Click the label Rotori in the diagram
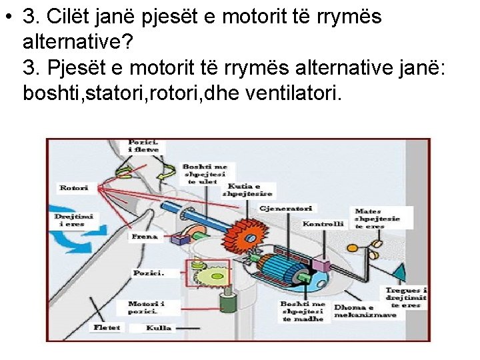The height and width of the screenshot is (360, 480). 73,188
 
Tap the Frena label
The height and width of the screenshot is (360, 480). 145,237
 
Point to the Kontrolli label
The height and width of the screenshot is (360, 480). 323,224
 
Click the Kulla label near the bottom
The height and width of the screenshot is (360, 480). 159,328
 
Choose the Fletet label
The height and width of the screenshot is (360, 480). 107,327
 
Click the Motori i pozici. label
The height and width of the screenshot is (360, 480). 145,308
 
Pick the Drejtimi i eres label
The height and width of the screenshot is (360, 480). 74,220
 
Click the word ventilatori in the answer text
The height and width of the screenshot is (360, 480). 293,94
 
